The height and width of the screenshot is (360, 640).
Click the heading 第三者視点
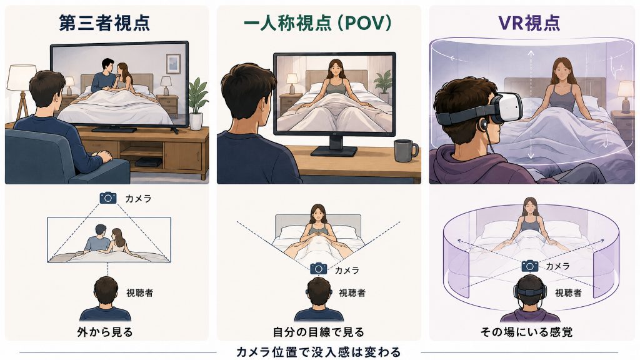tap(104, 23)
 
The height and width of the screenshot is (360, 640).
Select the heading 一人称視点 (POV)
tap(317, 23)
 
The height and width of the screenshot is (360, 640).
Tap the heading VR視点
tap(529, 23)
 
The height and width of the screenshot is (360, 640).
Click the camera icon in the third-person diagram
tap(108, 198)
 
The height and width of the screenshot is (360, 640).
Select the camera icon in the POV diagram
tap(318, 269)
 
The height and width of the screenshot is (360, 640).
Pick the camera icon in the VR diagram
tap(530, 266)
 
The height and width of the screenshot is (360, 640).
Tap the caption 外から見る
tap(105, 332)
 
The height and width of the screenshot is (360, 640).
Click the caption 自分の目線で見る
tap(318, 332)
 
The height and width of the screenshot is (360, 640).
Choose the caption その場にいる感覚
tap(526, 332)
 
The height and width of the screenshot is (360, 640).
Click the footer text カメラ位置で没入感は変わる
tap(318, 352)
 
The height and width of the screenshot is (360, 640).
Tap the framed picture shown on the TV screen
tap(173, 64)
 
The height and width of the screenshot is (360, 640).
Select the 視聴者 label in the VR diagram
tap(568, 292)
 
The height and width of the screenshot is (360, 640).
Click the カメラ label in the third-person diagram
tap(138, 198)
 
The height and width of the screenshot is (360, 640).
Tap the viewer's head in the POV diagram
tap(319, 293)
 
